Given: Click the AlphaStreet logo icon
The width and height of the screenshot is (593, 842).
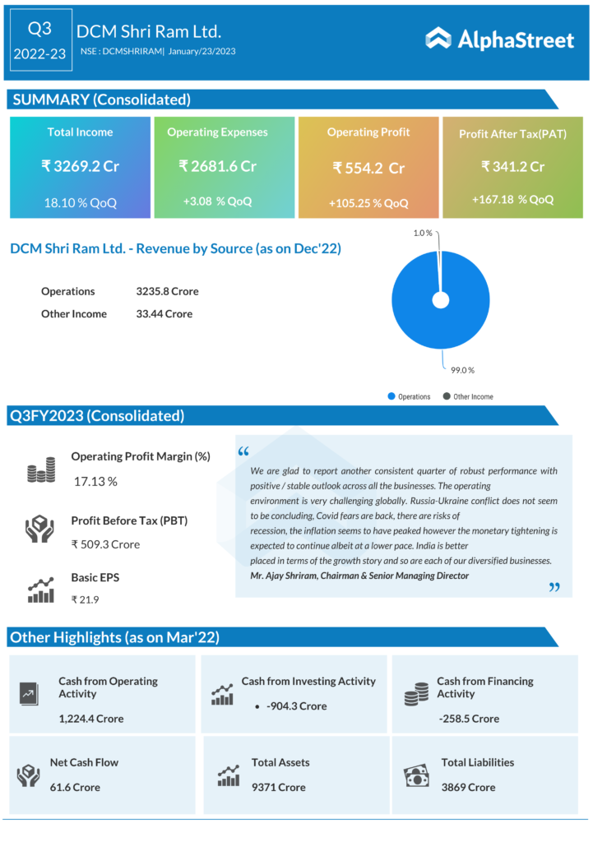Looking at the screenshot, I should coord(438,38).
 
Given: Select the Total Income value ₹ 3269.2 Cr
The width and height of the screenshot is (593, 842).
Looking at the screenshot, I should coord(81,166).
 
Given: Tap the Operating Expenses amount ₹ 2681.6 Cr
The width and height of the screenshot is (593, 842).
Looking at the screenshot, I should coord(217,166).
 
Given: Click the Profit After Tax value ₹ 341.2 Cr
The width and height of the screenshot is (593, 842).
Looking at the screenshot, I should coord(513,166).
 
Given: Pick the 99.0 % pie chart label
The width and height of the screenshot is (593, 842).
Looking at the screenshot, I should coord(463,370).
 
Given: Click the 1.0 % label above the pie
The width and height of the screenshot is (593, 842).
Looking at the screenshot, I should coord(423,234).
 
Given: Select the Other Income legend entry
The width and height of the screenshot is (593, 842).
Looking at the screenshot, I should coord(473,396).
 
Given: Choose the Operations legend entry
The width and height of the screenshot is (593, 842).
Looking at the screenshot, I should coord(414,396).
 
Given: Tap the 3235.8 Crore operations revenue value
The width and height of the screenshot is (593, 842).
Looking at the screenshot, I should coord(167,291).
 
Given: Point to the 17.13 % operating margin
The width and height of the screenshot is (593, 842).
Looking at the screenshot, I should coord(95,481).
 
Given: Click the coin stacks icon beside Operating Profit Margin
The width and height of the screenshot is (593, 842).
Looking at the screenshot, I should coord(40,470).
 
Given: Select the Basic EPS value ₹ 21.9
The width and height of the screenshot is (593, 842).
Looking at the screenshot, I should coord(86,599).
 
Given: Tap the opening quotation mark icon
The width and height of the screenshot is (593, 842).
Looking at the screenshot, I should coord(243,451).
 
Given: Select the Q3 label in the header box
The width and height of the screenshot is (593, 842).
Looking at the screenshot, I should coord(39,29).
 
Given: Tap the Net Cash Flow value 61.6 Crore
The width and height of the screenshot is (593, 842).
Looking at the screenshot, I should coord(75,787).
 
